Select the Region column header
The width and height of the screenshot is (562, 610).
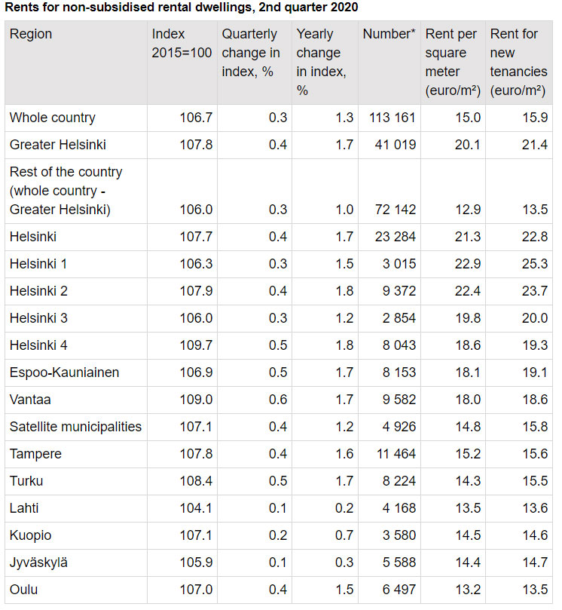click(31, 35)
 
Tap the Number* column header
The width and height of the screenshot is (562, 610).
click(388, 35)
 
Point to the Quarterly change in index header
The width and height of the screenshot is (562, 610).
click(250, 53)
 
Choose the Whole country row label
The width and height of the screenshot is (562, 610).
click(53, 118)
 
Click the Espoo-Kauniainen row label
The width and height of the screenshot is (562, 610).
click(64, 372)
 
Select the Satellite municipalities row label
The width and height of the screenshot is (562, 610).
click(75, 427)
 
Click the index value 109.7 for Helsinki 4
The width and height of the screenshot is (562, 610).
click(196, 345)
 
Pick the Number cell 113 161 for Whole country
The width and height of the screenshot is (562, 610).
click(392, 118)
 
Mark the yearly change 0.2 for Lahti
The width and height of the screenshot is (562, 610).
click(344, 508)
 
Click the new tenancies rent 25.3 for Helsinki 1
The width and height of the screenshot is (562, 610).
click(534, 264)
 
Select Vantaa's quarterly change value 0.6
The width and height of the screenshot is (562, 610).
click(278, 400)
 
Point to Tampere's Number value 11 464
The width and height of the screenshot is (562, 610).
click(395, 454)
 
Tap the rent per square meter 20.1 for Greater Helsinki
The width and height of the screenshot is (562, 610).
click(468, 145)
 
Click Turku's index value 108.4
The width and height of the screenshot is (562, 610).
click(196, 481)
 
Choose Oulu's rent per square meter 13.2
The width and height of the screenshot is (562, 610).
click(468, 590)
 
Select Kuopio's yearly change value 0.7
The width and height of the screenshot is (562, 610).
click(344, 535)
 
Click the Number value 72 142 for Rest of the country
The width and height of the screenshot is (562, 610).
click(395, 210)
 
